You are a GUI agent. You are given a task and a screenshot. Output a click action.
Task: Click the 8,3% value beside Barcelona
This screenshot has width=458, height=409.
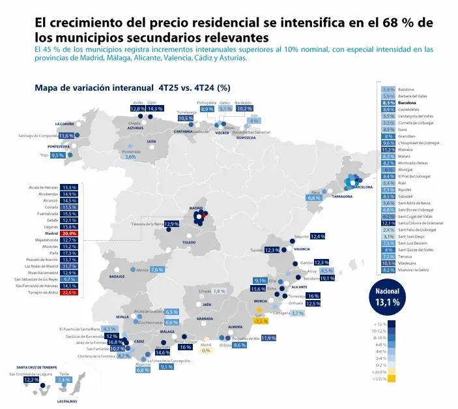click(x=388, y=103)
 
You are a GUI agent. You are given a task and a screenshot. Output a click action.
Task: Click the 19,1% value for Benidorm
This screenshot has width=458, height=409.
click(x=327, y=279)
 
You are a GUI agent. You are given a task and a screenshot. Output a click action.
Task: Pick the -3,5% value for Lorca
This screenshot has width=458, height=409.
click(x=261, y=321)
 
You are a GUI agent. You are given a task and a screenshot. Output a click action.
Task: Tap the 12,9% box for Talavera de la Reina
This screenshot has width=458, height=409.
click(x=171, y=224)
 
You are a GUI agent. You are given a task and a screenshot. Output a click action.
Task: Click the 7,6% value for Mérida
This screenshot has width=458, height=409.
click(x=156, y=269)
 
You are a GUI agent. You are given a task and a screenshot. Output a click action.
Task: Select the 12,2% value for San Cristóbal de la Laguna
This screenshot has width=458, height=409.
click(x=31, y=379)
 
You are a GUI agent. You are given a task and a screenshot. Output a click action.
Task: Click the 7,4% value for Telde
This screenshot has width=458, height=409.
click(x=63, y=380)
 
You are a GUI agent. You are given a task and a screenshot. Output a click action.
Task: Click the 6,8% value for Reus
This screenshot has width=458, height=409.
click(x=314, y=198)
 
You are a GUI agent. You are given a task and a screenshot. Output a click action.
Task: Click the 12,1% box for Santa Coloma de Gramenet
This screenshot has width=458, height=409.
click(x=388, y=223)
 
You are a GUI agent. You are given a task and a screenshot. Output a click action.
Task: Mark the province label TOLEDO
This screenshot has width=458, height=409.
click(x=189, y=242)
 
